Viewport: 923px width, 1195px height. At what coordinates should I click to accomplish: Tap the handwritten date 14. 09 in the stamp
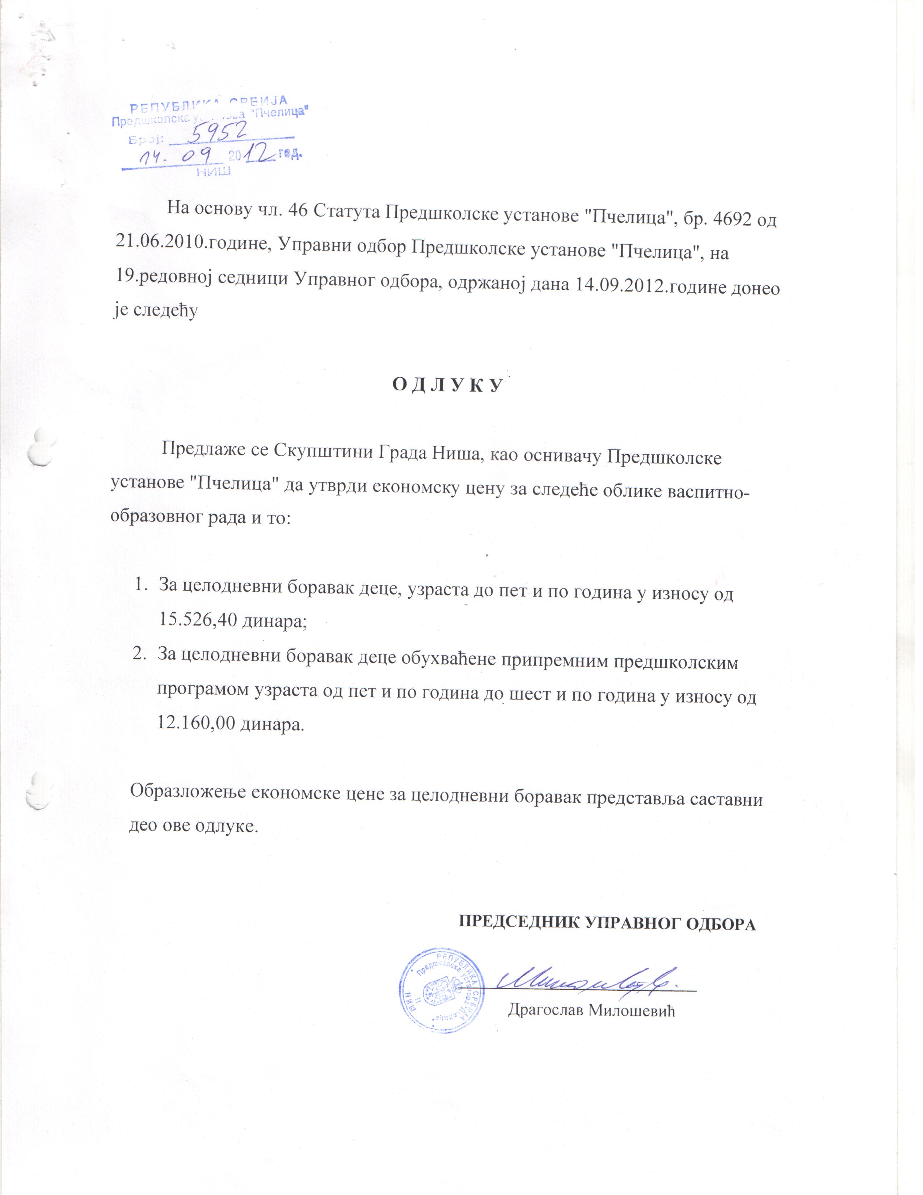[x=179, y=158]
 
